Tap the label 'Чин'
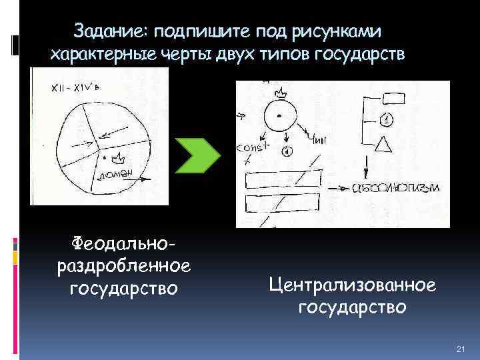317,140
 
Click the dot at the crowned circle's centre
280,117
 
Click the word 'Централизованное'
353,285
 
